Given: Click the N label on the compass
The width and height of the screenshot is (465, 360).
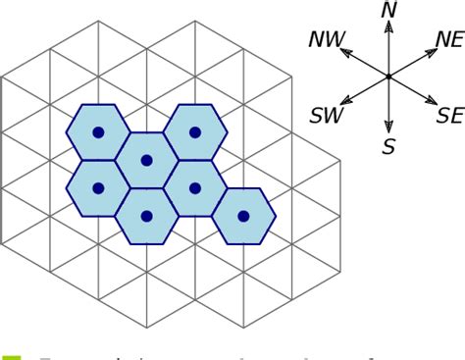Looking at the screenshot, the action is [389, 10].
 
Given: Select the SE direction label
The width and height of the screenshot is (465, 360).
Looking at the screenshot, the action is [449, 116].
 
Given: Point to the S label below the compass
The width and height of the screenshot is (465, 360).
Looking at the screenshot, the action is [389, 147].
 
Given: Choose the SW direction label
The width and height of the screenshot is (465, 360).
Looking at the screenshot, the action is [326, 117].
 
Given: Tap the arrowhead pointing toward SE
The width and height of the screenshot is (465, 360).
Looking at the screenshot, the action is [430, 100].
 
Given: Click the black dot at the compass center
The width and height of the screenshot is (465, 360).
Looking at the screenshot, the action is [389, 77].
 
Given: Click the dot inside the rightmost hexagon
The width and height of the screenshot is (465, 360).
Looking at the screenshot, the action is [244, 216].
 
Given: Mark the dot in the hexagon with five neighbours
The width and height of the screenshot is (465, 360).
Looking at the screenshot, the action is [146, 160].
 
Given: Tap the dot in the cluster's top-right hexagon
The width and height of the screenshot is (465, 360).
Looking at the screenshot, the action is [195, 132].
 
